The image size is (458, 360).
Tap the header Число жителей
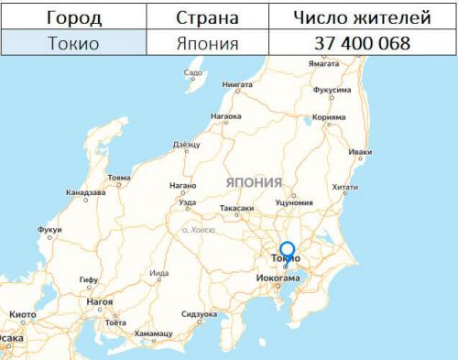pyautogui.click(x=360, y=16)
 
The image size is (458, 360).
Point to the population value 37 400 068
pyautogui.click(x=360, y=42)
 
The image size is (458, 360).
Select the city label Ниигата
pyautogui.click(x=237, y=83)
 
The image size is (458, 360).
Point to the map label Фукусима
pyautogui.click(x=332, y=91)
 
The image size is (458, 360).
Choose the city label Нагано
pyautogui.click(x=183, y=185)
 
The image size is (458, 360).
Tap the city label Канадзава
pyautogui.click(x=85, y=192)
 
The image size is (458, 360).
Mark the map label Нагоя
pyautogui.click(x=99, y=301)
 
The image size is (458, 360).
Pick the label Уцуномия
pyautogui.click(x=294, y=202)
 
